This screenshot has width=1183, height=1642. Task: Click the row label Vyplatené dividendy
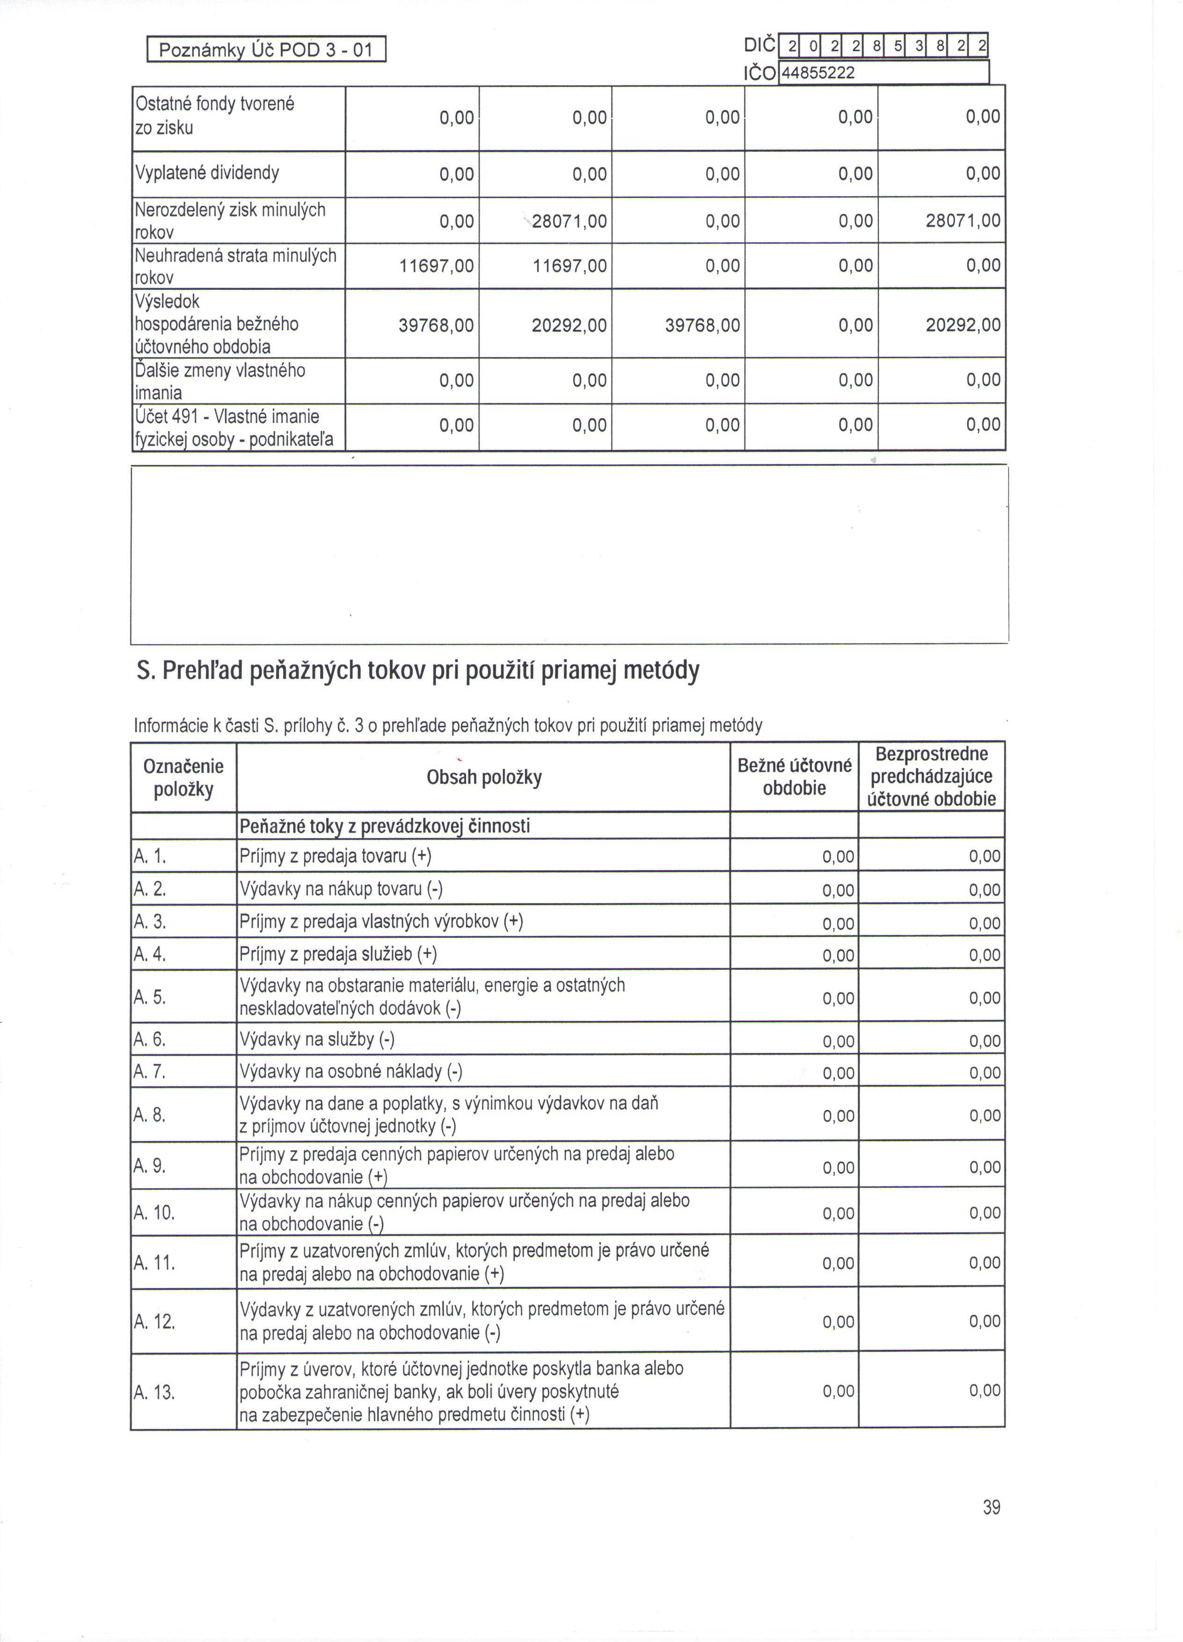tap(207, 173)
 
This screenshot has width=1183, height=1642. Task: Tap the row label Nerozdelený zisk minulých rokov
tap(230, 220)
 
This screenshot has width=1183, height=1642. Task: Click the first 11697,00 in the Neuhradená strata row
tap(436, 265)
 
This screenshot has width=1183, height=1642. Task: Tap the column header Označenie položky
tap(184, 778)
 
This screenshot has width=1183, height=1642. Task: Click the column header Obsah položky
tap(483, 778)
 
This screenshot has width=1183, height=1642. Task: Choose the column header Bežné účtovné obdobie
tap(795, 777)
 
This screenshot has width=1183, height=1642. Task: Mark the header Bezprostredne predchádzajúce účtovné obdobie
tap(932, 777)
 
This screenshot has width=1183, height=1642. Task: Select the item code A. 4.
tap(150, 955)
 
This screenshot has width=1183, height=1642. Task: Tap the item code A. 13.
tap(153, 1392)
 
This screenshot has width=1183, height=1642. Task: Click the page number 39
tap(991, 1507)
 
